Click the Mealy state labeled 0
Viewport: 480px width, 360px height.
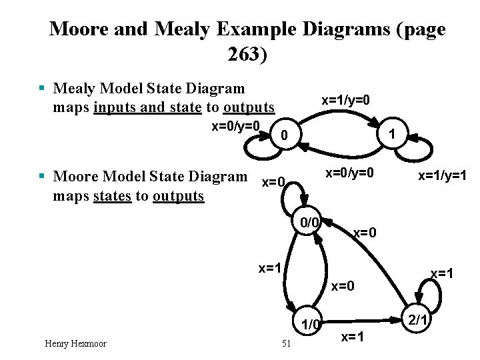tap(285, 136)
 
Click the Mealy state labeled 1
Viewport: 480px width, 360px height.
tap(394, 133)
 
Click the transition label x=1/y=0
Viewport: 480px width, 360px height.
tap(345, 100)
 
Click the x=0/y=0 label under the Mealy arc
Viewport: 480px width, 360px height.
tap(349, 173)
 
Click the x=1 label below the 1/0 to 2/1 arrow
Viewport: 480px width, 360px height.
tap(353, 337)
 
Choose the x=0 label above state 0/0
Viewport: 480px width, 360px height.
tap(274, 182)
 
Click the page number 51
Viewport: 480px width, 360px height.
tap(287, 343)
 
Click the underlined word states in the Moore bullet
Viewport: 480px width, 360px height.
tap(111, 196)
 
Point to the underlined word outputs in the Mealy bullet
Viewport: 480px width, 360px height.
tap(249, 107)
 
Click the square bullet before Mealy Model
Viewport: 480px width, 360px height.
tap(42, 88)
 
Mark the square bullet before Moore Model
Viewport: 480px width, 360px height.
tap(42, 177)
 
